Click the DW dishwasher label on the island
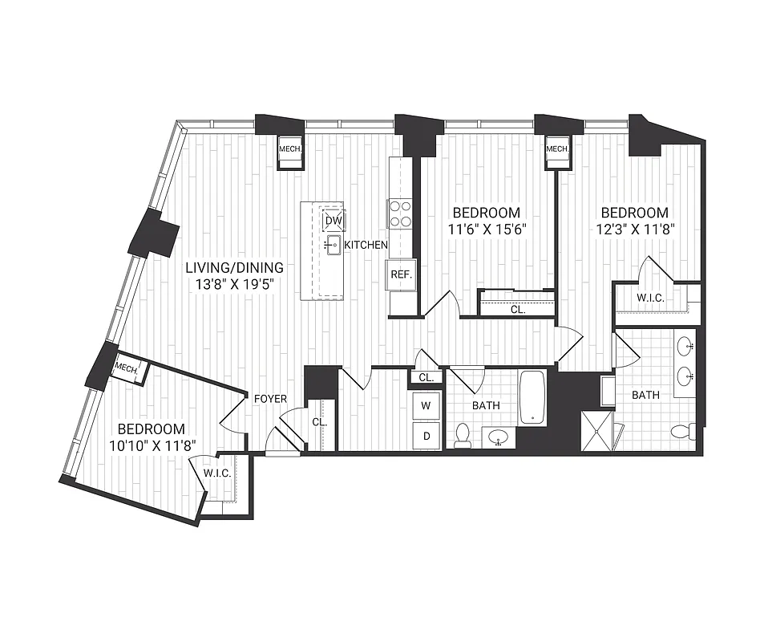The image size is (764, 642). [x=333, y=220]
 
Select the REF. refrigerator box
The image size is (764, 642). [x=401, y=274]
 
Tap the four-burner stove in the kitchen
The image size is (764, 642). [x=400, y=213]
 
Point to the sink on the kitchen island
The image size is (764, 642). [x=333, y=245]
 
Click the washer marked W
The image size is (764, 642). [x=426, y=406]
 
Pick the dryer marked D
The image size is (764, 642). [x=426, y=436]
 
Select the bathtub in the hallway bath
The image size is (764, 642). [x=533, y=396]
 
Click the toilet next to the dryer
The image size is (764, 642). [x=463, y=436]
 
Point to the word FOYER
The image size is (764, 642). [x=271, y=398]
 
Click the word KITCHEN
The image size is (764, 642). [x=367, y=245]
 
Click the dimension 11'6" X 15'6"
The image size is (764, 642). [x=486, y=229]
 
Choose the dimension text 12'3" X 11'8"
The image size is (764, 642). [x=634, y=229]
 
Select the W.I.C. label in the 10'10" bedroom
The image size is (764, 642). [x=216, y=473]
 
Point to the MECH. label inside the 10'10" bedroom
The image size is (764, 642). [x=127, y=369]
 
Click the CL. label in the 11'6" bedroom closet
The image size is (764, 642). [x=519, y=309]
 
